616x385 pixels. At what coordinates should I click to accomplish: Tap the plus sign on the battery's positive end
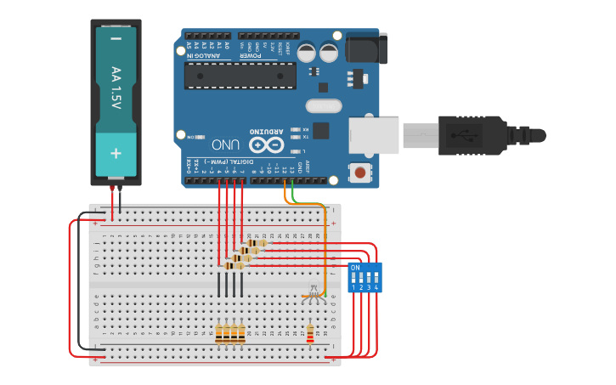point(116,153)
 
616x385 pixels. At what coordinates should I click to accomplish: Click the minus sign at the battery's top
point(116,38)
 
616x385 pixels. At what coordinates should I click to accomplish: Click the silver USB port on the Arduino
point(373,136)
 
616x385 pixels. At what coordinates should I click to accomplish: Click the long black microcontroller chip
point(240,75)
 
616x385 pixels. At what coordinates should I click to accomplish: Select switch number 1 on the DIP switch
point(353,278)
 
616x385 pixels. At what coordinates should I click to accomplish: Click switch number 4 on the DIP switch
point(376,278)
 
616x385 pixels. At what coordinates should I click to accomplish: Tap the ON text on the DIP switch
point(355,267)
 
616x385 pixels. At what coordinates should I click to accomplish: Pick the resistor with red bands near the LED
point(309,332)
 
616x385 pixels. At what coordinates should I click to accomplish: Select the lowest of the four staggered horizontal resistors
point(234,265)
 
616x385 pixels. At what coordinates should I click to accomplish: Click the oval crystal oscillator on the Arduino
point(322,106)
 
